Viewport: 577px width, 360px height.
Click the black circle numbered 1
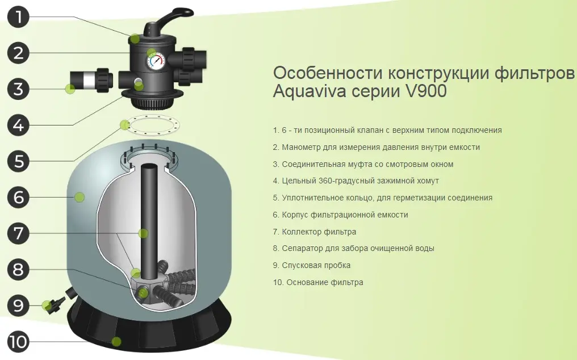coord(18,16)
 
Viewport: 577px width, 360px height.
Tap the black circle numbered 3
coord(18,89)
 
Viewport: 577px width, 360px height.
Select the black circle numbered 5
coord(18,161)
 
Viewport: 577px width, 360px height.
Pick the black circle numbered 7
coord(18,233)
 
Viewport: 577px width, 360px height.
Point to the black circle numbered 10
coord(18,341)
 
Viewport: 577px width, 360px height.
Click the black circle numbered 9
coord(18,305)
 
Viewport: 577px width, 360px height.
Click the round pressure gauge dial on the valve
coord(157,61)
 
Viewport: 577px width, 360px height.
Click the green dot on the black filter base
coord(116,341)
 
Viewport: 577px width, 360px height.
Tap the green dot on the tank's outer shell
coord(79,197)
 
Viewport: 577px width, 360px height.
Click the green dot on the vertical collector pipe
coord(143,233)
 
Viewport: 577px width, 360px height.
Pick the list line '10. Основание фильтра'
coord(318,282)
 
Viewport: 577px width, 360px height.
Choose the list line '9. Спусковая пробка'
coord(312,265)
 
